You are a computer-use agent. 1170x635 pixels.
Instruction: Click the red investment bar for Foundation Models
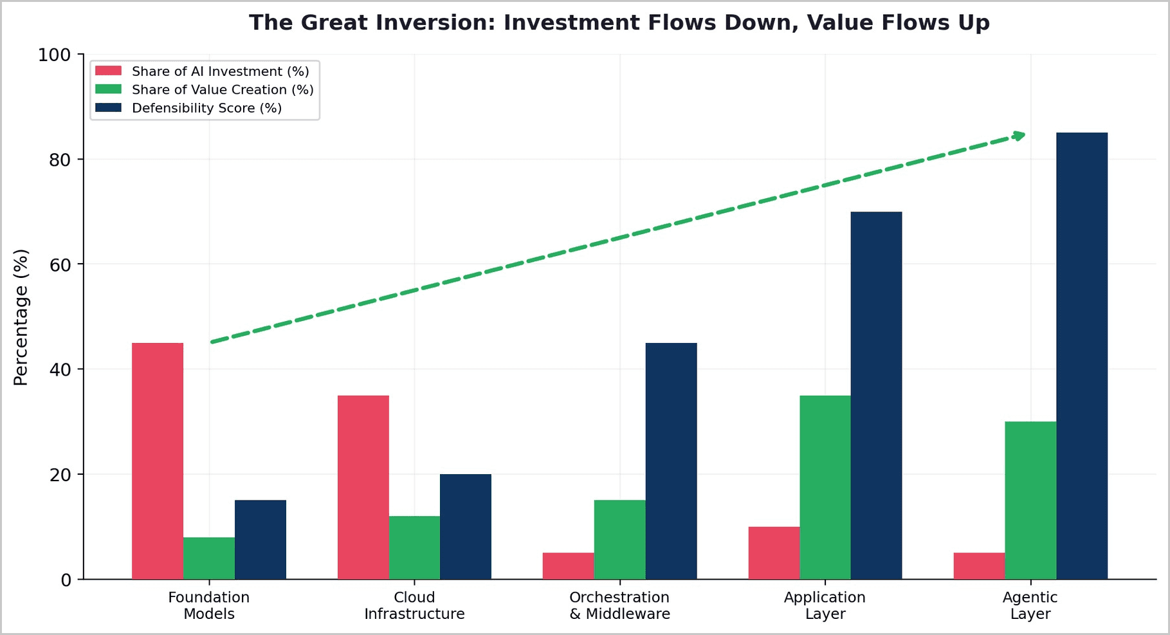tap(158, 461)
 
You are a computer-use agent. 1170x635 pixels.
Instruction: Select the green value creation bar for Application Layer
tap(825, 488)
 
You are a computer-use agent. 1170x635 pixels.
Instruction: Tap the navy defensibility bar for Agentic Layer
tap(1082, 356)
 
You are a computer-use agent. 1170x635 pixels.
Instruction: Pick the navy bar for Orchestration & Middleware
tap(671, 461)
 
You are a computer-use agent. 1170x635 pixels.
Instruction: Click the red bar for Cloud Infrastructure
tap(363, 488)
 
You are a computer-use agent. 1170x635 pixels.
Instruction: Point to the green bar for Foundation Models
tap(209, 558)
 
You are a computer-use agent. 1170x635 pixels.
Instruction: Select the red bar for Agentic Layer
tap(979, 566)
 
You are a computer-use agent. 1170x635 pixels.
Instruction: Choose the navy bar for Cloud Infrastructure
tap(466, 527)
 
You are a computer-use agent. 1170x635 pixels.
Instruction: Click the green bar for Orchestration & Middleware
tap(619, 540)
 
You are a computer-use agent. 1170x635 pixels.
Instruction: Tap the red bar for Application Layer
tap(774, 553)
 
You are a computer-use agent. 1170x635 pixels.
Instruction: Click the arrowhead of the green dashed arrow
tap(1019, 135)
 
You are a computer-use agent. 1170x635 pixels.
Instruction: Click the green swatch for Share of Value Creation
tap(108, 89)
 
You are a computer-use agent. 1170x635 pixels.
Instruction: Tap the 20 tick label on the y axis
tap(60, 475)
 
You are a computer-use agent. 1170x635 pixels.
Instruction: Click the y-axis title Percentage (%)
tap(21, 317)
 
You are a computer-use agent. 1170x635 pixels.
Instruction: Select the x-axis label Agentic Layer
tap(1030, 605)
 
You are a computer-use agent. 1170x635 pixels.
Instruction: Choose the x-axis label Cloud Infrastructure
tap(414, 605)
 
